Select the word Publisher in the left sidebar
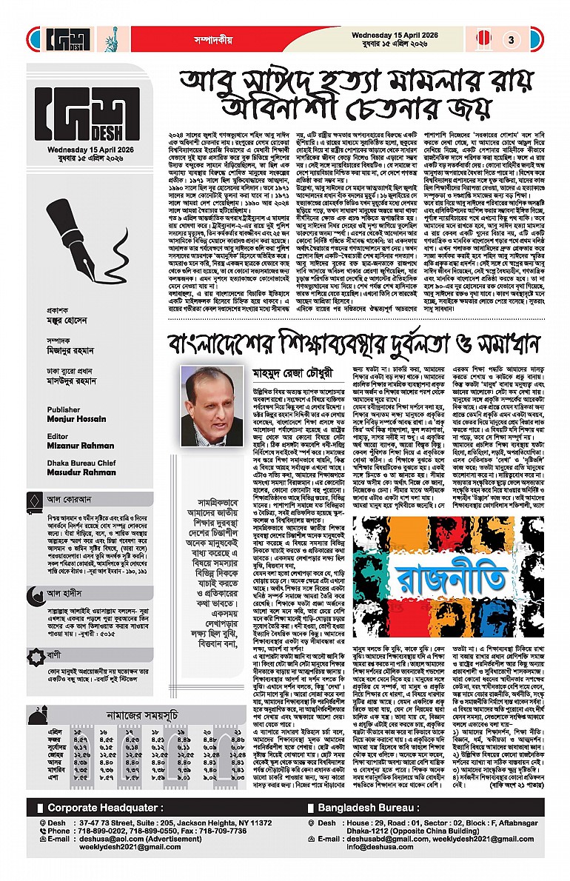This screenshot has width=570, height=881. [x=63, y=409]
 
